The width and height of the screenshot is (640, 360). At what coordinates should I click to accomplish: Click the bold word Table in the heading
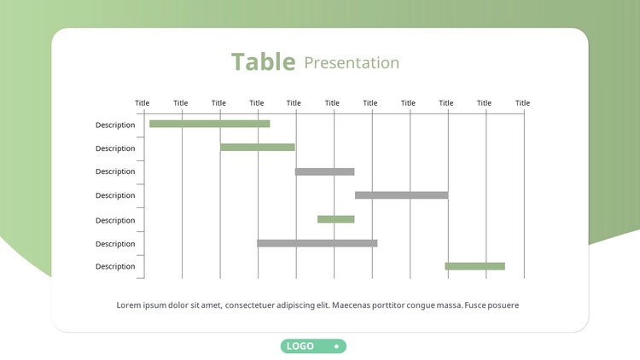(264, 62)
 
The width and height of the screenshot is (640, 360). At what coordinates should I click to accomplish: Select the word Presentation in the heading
(352, 63)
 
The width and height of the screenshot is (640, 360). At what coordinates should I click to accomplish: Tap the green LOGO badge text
(300, 346)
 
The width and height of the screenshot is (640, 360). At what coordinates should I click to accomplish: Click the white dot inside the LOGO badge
(336, 346)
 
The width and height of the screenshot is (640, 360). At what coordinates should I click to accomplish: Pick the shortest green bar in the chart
(336, 219)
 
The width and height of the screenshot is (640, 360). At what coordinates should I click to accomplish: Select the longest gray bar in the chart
(317, 243)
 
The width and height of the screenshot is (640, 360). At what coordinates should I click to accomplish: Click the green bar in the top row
(210, 124)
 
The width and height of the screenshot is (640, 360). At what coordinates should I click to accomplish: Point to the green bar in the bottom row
(474, 266)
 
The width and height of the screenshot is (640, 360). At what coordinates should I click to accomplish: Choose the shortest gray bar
(325, 171)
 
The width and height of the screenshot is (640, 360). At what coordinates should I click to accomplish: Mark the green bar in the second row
(258, 148)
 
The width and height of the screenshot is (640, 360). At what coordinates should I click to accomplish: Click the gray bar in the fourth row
(402, 195)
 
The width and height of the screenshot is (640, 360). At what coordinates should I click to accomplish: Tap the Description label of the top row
(115, 125)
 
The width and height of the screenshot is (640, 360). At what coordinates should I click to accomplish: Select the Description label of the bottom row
(115, 266)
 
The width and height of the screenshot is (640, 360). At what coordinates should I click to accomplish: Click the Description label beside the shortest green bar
(115, 220)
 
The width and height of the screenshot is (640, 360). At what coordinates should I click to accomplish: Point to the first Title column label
(142, 103)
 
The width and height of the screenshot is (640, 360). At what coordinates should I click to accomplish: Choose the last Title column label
(522, 103)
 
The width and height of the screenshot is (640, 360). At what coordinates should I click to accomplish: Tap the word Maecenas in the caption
(351, 305)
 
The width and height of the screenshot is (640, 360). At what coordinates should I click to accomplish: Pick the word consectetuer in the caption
(250, 305)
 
